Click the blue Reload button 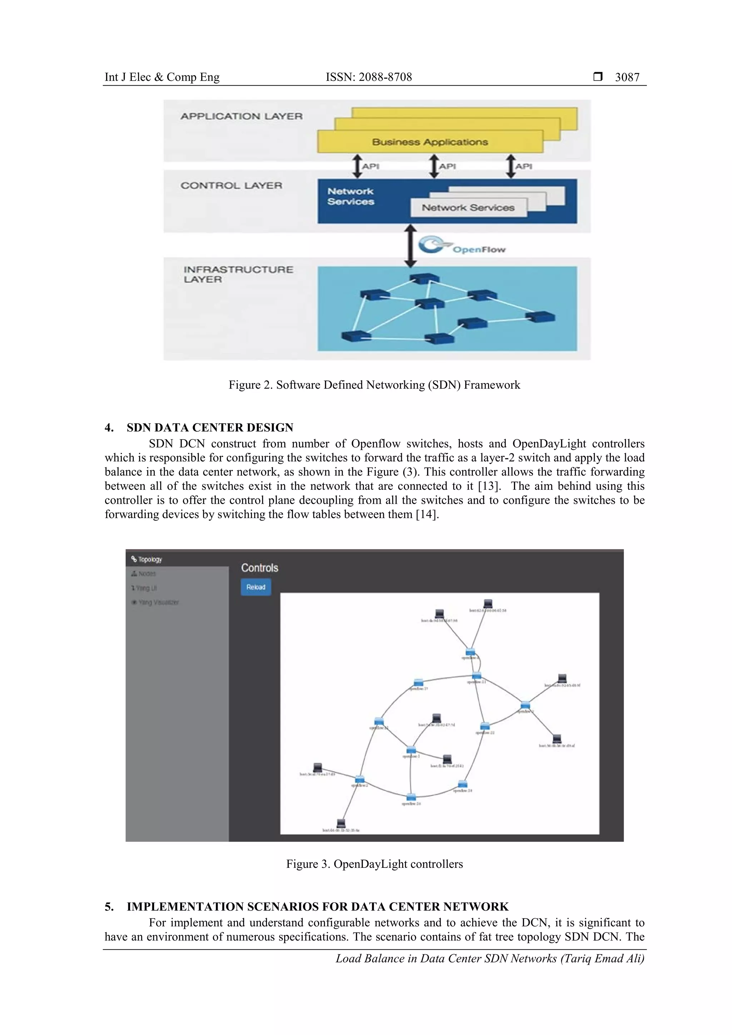(x=256, y=587)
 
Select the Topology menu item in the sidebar (x=147, y=559)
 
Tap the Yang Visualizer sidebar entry (x=155, y=602)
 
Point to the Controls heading (x=259, y=568)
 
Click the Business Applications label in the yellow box (x=430, y=142)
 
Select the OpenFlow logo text (x=479, y=249)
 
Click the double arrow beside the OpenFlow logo (x=410, y=246)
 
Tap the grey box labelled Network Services (x=468, y=208)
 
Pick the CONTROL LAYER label (x=231, y=185)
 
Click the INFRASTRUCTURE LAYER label (x=238, y=274)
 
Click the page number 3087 (x=627, y=77)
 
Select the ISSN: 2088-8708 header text (x=369, y=77)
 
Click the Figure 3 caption (x=374, y=864)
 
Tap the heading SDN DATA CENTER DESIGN (x=210, y=427)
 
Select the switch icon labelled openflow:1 (x=411, y=750)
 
